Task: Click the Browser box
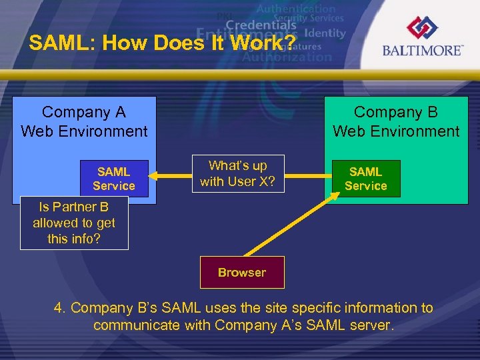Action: click(242, 272)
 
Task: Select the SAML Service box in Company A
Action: click(113, 179)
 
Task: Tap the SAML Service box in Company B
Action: click(365, 179)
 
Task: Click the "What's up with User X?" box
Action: click(237, 173)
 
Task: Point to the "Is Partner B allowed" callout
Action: click(74, 223)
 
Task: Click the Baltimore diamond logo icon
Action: click(422, 29)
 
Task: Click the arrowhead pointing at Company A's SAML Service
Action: click(153, 176)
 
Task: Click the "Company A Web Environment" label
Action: click(84, 121)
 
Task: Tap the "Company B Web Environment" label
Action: click(396, 121)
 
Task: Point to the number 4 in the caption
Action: click(59, 308)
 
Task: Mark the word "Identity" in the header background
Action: click(325, 33)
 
